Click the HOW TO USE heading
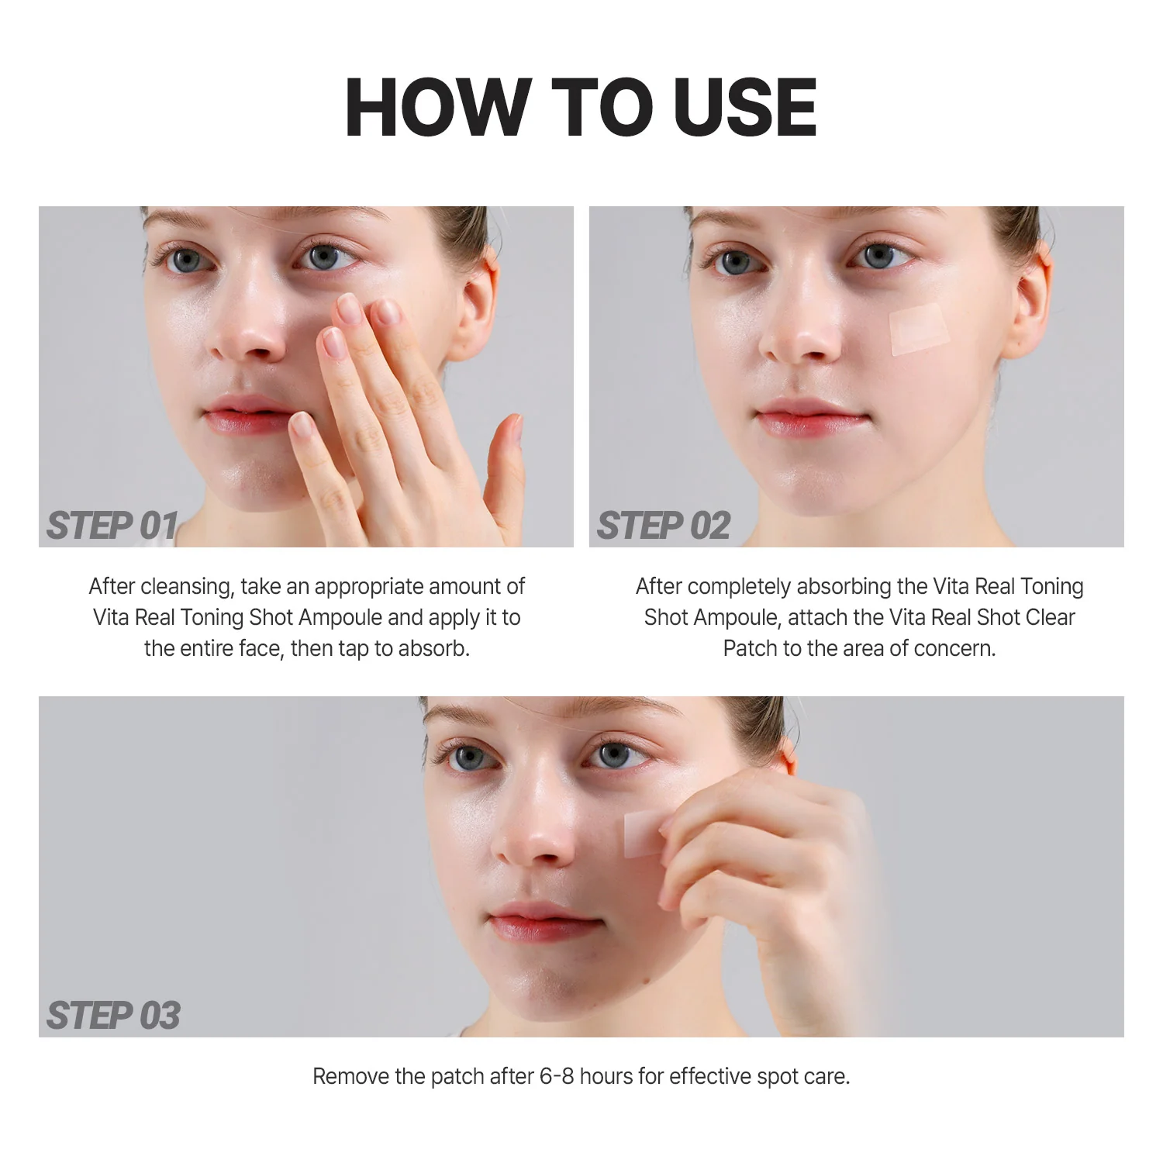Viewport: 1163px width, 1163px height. coord(581,108)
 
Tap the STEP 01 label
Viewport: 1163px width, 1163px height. coord(112,526)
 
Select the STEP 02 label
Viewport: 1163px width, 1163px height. coord(663,526)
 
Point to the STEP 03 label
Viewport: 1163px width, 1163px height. coord(113,1016)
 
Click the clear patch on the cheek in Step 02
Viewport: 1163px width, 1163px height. coord(919,329)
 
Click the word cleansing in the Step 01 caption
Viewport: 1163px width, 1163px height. coord(186,586)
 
